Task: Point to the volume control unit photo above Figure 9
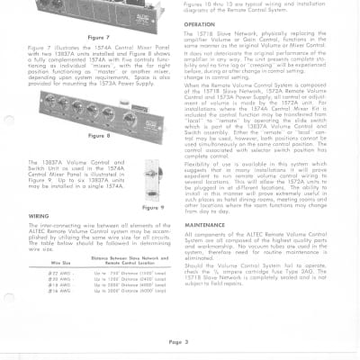tap(156, 179)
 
